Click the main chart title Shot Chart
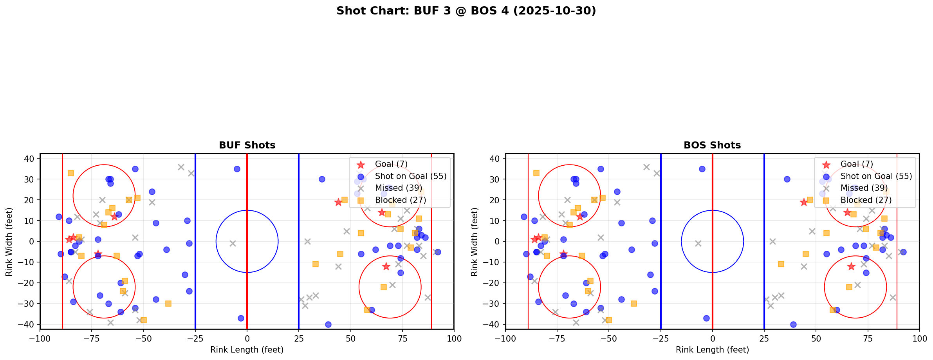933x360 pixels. (x=466, y=11)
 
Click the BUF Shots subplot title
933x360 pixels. (x=247, y=145)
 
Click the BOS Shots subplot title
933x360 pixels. (x=712, y=145)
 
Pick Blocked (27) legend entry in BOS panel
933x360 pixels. (x=866, y=200)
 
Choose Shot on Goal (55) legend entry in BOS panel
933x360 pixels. (x=876, y=176)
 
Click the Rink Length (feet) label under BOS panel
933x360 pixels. (x=712, y=350)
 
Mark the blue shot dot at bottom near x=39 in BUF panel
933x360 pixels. (x=328, y=324)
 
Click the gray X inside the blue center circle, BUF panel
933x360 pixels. (x=233, y=244)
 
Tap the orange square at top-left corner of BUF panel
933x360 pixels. (x=71, y=173)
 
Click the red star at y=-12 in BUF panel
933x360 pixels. (x=386, y=266)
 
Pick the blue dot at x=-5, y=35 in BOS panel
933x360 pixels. (x=702, y=169)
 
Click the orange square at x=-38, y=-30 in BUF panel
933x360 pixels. (x=168, y=304)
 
